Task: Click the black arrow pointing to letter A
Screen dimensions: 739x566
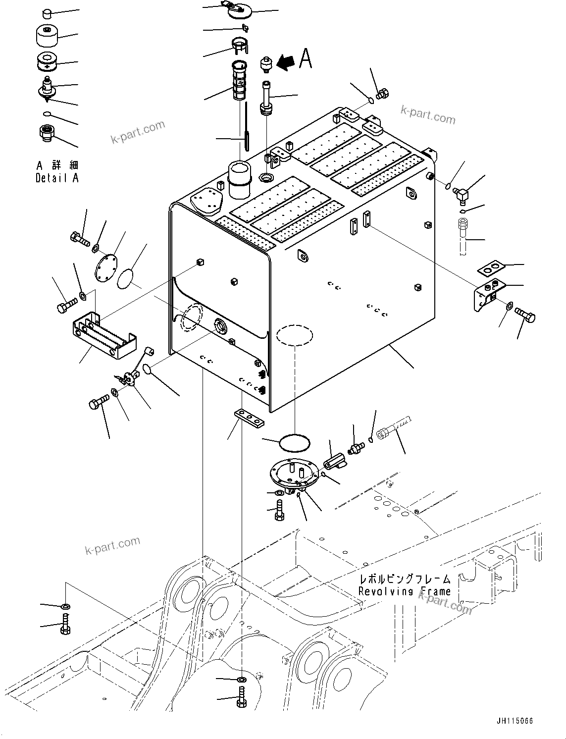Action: (x=286, y=61)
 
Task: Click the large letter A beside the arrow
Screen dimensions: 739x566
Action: (x=306, y=59)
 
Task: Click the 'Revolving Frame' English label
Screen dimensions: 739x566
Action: (x=405, y=590)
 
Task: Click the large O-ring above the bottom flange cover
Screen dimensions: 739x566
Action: (x=295, y=442)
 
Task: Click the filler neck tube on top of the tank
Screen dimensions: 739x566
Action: (x=239, y=178)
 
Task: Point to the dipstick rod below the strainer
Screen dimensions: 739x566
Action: (x=246, y=133)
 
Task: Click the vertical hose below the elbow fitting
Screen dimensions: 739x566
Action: (x=463, y=238)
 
